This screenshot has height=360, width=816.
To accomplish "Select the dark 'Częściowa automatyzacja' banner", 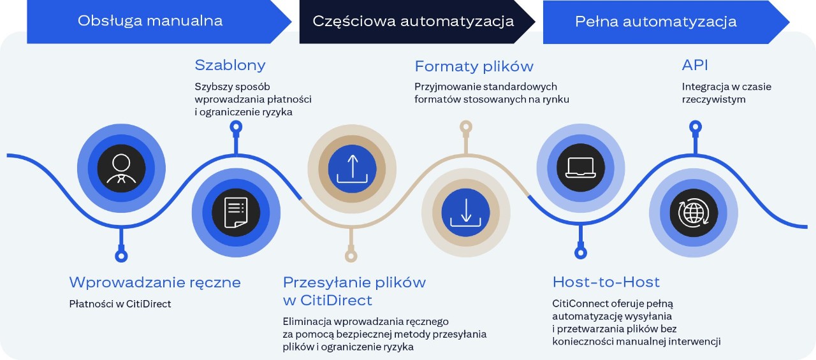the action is [415, 22].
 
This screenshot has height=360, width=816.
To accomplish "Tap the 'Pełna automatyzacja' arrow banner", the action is [663, 22].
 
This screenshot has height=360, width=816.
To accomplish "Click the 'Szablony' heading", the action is [230, 66].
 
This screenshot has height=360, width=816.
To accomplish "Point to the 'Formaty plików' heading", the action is [474, 66].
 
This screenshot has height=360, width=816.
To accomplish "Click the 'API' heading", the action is [695, 65].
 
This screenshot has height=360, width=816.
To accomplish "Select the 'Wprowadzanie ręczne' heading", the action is [155, 282].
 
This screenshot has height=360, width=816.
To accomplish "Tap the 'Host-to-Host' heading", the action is [606, 282].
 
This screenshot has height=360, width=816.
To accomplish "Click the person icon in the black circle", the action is [121, 168].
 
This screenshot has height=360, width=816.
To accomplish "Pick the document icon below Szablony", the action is [236, 213].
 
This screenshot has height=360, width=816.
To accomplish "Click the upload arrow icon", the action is [352, 169].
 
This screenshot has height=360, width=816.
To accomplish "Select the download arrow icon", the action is [465, 213].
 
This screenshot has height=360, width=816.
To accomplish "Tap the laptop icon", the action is [581, 168].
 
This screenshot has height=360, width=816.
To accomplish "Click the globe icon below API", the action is [694, 213].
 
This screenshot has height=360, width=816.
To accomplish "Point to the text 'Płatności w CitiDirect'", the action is [120, 304].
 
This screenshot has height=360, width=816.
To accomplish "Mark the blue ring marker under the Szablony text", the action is [236, 127].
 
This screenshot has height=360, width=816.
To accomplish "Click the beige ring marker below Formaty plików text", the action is [466, 127].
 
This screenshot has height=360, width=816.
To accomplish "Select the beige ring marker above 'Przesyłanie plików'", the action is [351, 256].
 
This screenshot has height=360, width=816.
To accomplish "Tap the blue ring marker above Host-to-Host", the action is [581, 252].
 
